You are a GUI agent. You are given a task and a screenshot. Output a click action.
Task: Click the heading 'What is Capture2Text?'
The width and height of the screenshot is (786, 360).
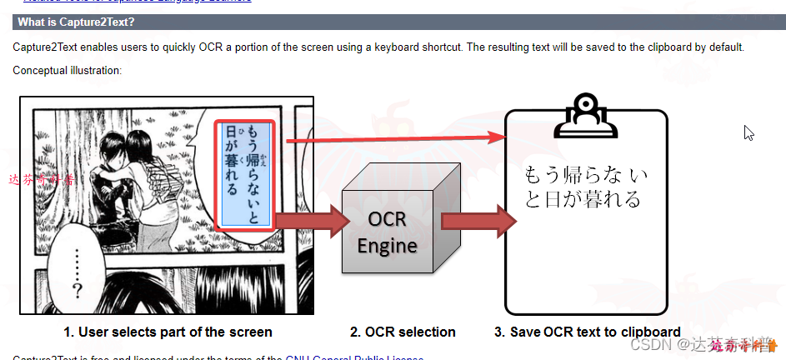point(76,22)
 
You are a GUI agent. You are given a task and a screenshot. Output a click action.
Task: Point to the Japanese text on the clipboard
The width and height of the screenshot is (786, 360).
point(584,187)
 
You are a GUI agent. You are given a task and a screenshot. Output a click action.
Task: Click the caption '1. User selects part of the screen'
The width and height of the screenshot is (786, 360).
point(168,332)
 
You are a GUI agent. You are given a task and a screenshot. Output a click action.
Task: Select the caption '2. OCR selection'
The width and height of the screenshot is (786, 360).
point(403,332)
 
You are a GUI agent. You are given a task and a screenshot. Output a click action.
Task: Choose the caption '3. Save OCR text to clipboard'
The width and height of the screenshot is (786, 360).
point(587,332)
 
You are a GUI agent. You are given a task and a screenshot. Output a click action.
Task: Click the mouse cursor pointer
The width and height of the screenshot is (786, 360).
point(748,132)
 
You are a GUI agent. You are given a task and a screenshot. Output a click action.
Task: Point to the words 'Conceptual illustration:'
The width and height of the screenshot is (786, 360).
point(68,70)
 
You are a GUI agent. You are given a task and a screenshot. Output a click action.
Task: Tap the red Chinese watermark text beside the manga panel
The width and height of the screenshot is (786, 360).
point(40,179)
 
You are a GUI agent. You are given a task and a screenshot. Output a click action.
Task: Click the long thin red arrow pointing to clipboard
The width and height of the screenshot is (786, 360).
point(396,139)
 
